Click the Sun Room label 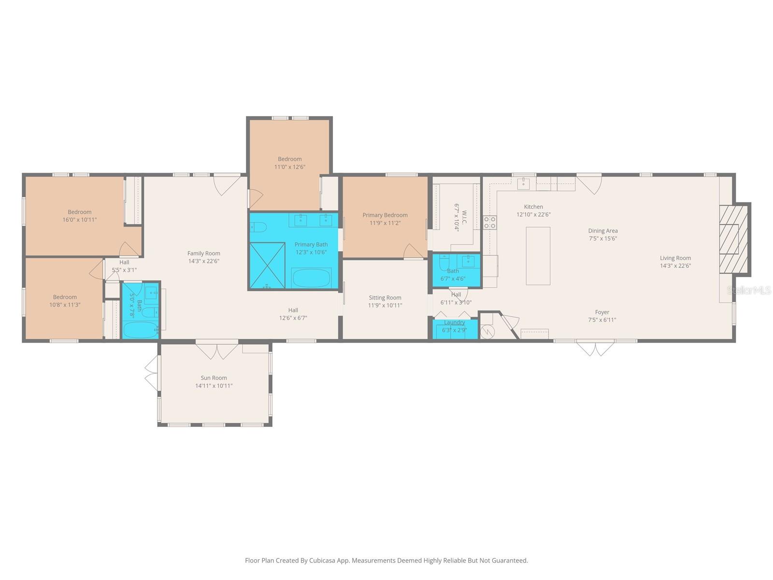point(214,378)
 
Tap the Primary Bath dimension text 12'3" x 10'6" point(311,252)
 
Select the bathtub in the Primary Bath point(311,278)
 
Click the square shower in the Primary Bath point(267,265)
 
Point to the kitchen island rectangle point(538,256)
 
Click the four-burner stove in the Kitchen point(489,222)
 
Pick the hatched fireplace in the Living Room point(733,239)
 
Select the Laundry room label point(454,322)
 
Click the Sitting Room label point(385,298)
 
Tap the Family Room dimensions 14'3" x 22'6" point(203,261)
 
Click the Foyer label point(602,312)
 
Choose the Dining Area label point(602,231)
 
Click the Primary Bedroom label point(385,215)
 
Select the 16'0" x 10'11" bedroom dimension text point(80,220)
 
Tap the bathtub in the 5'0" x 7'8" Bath point(140,330)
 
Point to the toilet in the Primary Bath point(258,228)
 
